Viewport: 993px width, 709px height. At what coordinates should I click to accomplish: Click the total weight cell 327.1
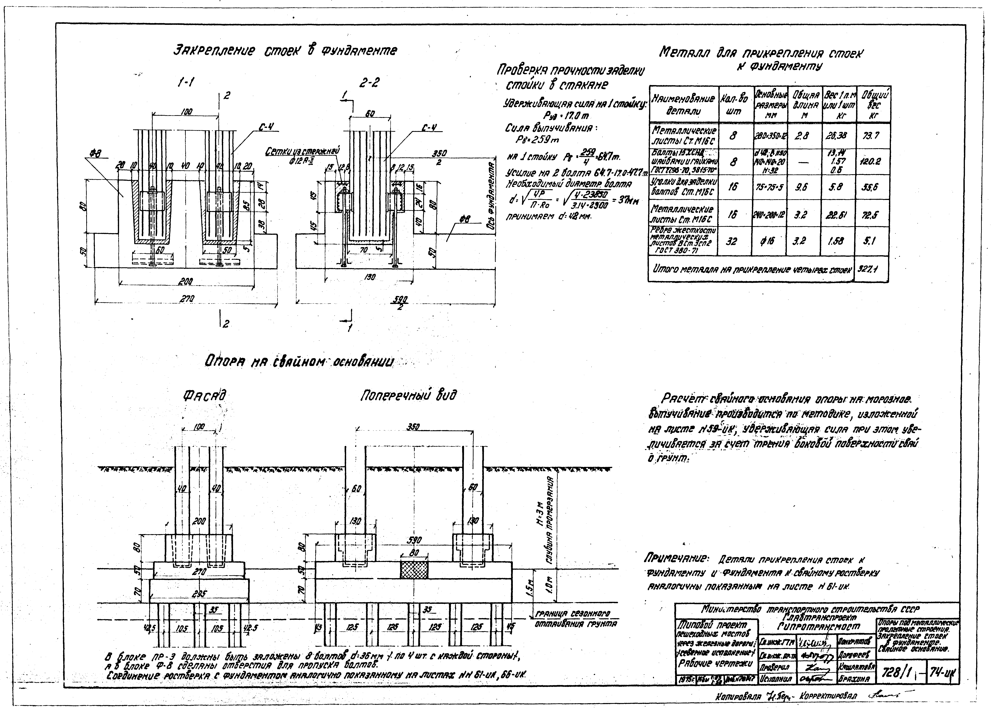[x=871, y=269]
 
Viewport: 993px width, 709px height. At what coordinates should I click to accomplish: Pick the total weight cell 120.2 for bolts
[x=872, y=161]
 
